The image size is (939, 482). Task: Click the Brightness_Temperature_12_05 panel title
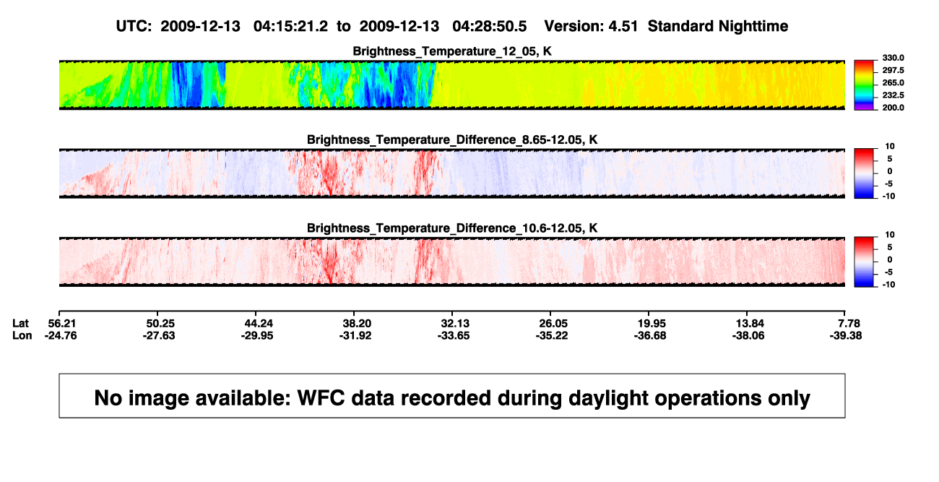pos(451,51)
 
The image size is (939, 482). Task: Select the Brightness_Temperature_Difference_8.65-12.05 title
pos(451,139)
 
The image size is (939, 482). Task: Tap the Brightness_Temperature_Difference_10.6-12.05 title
pos(451,228)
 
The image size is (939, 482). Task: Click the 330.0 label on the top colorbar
pos(893,58)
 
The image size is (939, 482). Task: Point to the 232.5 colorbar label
pos(893,95)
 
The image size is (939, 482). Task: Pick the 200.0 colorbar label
pos(893,108)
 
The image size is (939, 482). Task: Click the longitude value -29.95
pos(257,335)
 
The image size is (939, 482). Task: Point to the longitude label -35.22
pos(552,335)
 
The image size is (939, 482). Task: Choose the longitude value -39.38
pos(846,335)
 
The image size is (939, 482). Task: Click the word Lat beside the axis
pos(20,324)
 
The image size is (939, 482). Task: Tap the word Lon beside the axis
pos(22,335)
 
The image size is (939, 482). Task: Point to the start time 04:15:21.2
pos(290,27)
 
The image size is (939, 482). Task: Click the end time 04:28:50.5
pos(490,27)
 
